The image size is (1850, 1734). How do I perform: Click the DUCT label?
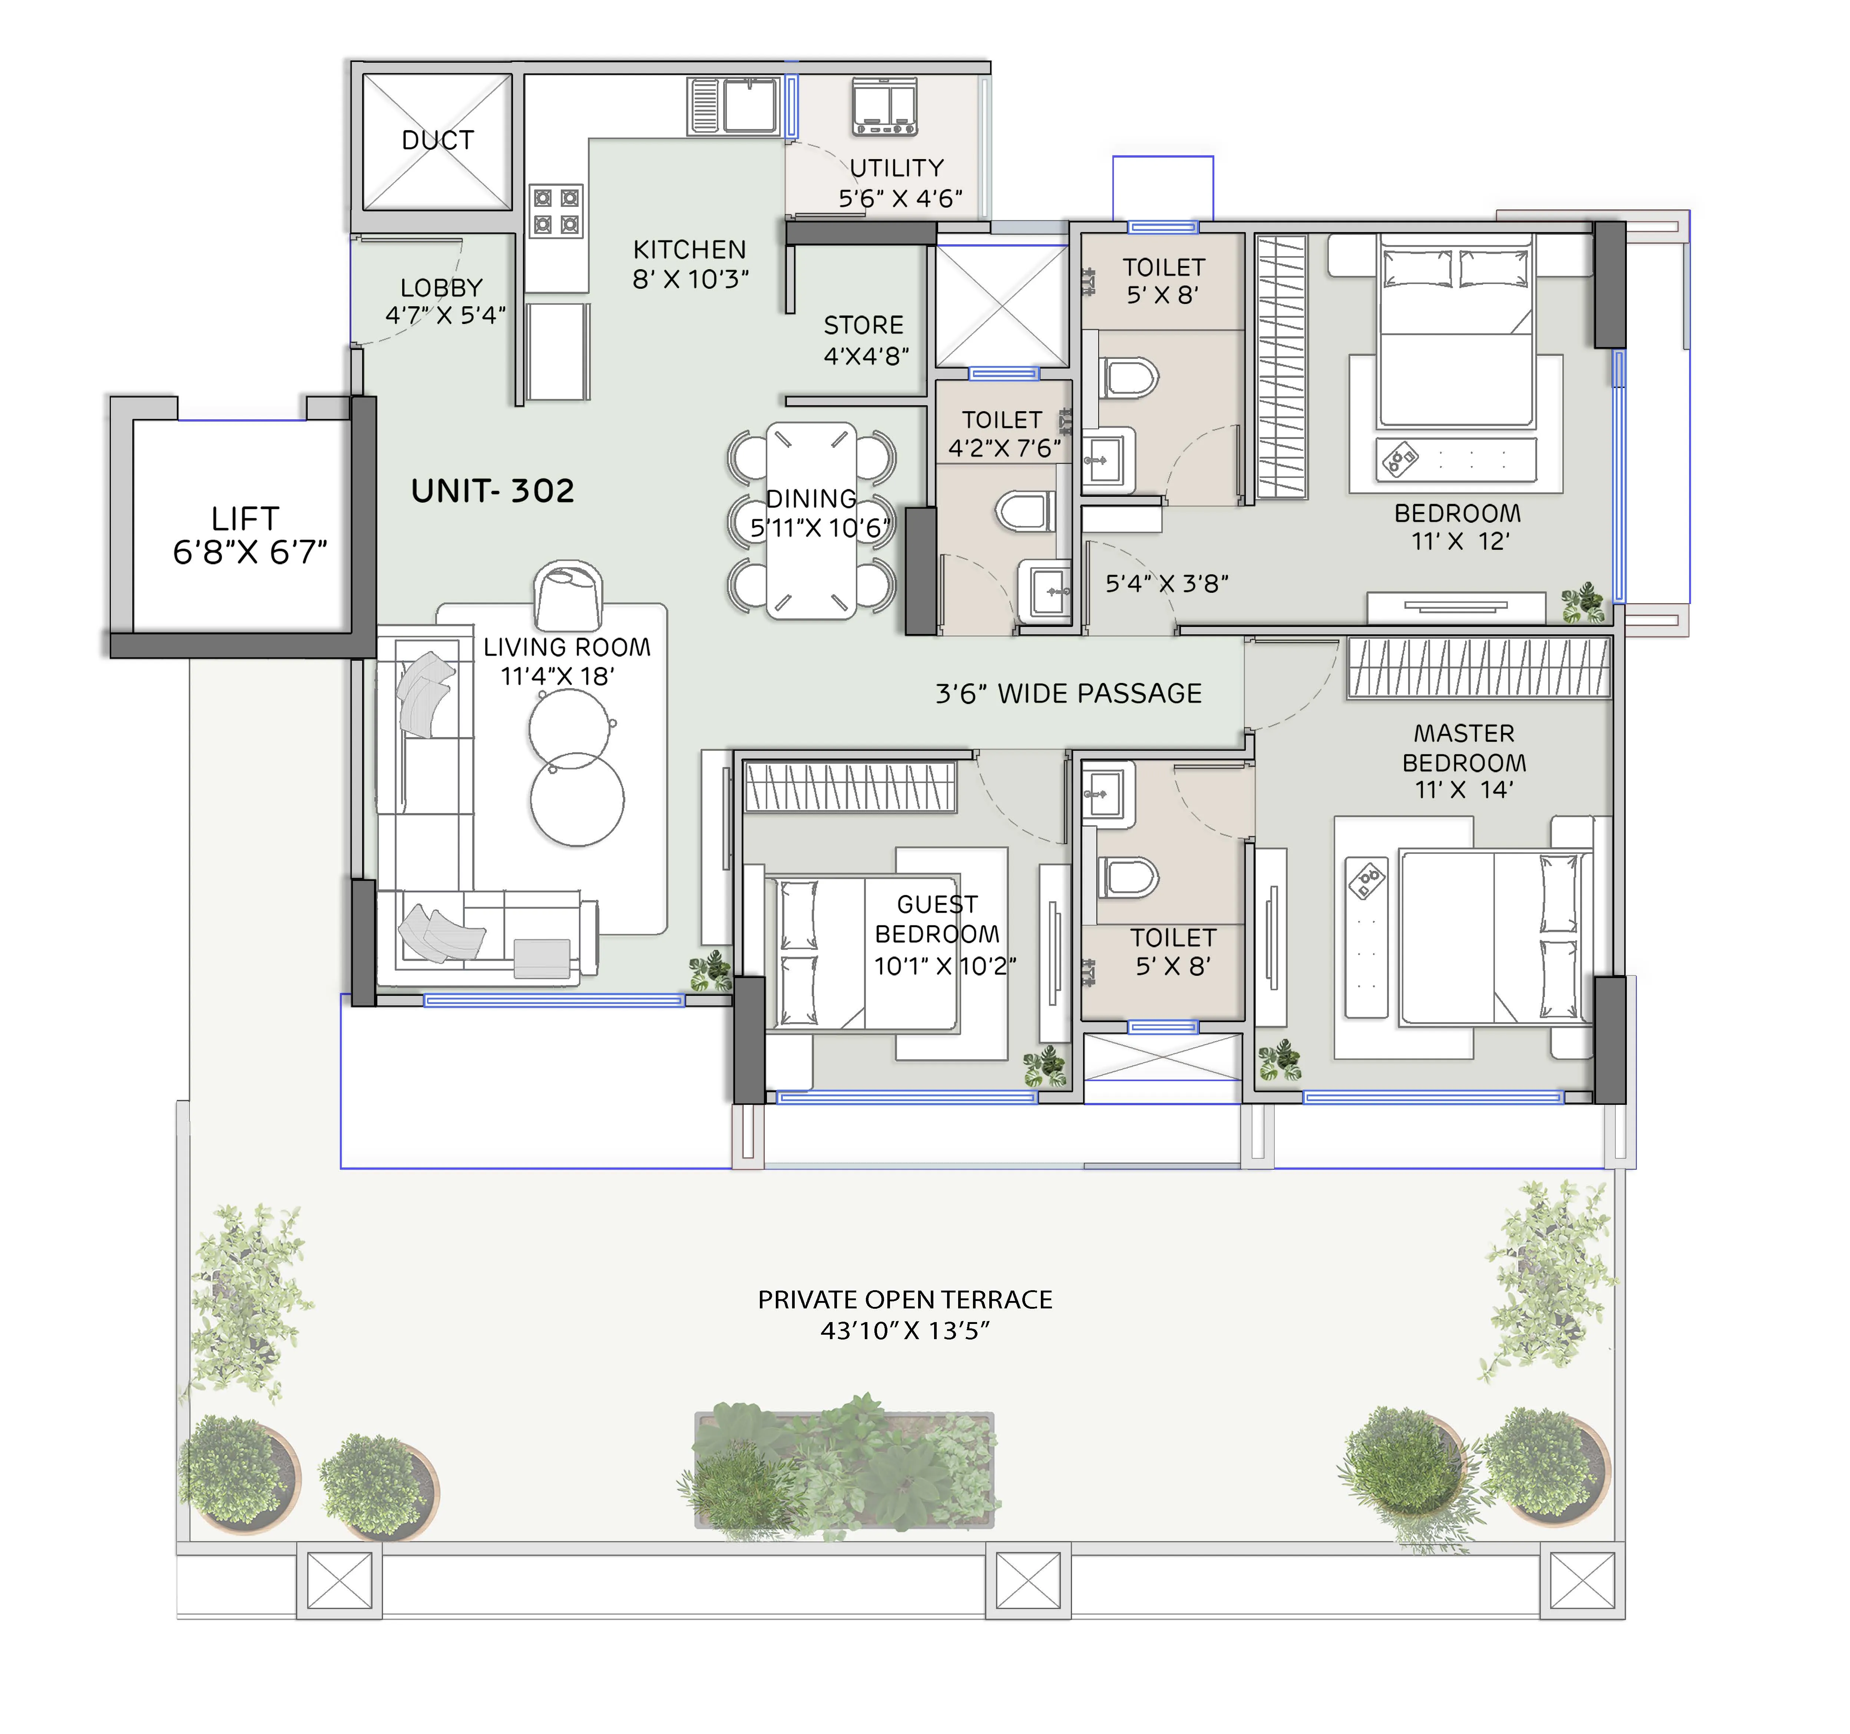click(437, 141)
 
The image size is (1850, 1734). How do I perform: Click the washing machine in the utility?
click(884, 105)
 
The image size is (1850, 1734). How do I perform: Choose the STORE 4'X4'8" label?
click(866, 340)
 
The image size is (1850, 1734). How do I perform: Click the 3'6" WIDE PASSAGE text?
click(1068, 693)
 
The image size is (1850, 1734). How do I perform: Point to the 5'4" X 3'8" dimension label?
click(1166, 584)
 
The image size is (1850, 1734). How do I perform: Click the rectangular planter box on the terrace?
click(844, 1471)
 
